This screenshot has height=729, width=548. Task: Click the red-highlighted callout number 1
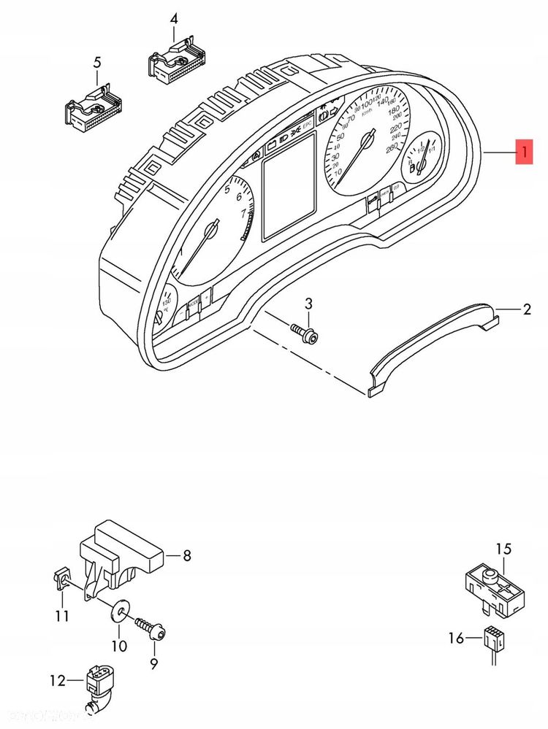pyautogui.click(x=524, y=152)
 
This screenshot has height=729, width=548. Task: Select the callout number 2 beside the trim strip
pyautogui.click(x=527, y=310)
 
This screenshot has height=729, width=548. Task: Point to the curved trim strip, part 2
pyautogui.click(x=431, y=343)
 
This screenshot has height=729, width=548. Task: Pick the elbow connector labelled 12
pyautogui.click(x=98, y=686)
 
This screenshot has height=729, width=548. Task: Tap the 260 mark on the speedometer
pyautogui.click(x=392, y=147)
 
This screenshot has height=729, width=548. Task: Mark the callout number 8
pyautogui.click(x=186, y=556)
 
